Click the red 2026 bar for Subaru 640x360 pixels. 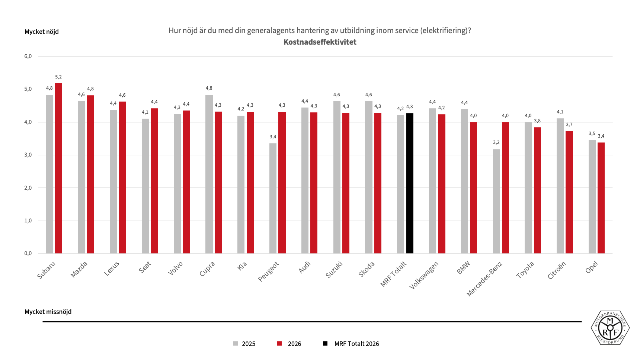tap(58, 168)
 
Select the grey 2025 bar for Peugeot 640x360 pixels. tap(273, 198)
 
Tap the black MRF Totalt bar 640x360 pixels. tap(410, 183)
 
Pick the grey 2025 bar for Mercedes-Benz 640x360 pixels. tap(496, 201)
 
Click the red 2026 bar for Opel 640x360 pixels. tap(601, 198)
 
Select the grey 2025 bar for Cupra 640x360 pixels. tap(209, 174)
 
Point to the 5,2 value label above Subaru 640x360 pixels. tap(58, 77)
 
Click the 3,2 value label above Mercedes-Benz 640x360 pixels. tap(496, 142)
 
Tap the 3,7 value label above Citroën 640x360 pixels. tap(569, 125)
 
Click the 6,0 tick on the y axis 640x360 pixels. tap(28, 56)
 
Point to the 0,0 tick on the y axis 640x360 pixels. tap(28, 253)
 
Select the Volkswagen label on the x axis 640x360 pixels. tap(424, 275)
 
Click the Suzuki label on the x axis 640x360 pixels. tap(334, 269)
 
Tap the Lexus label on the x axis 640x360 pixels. tap(112, 269)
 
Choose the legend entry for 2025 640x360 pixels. tap(244, 344)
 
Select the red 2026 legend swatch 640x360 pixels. tap(279, 344)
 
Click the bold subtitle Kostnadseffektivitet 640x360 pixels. tap(320, 42)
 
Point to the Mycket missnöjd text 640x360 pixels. tap(48, 312)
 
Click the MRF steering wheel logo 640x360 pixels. tap(610, 328)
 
